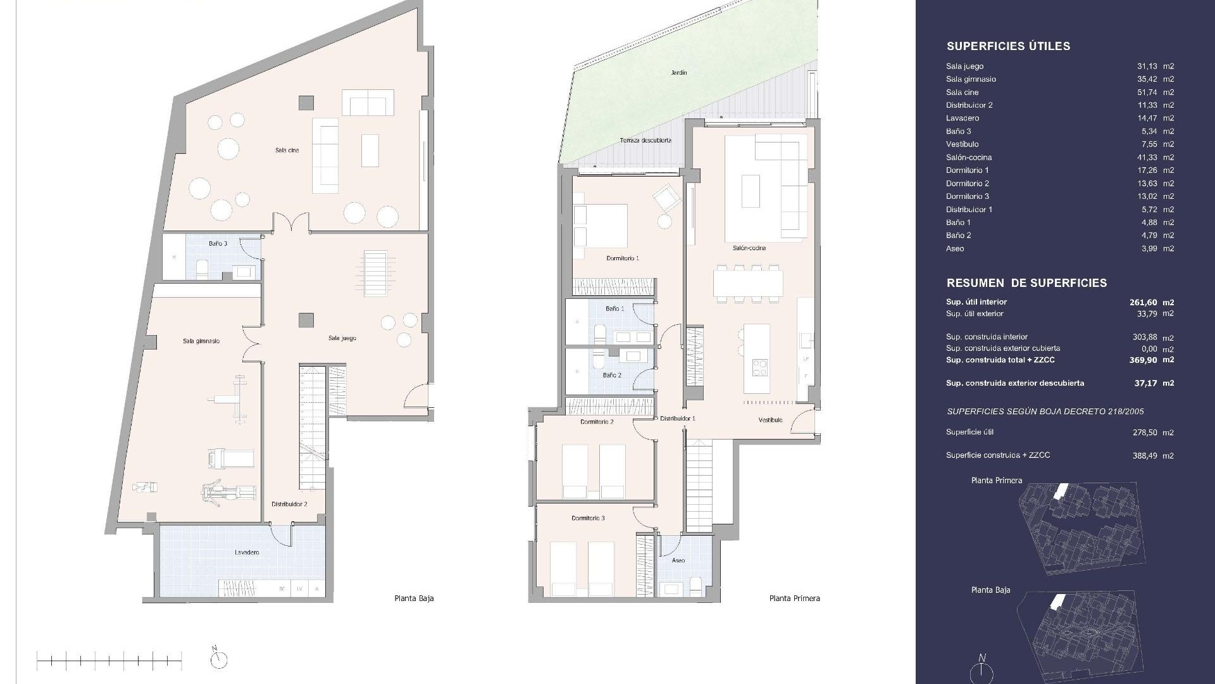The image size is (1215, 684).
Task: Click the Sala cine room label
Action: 287,151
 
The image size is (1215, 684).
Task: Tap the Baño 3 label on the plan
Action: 218,244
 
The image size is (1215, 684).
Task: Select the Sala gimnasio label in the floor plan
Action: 201,341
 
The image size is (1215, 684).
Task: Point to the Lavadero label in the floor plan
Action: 247,553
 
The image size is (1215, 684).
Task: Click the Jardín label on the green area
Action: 679,73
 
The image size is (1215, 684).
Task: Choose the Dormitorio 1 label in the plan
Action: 623,258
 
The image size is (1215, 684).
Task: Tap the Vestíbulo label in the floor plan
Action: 770,421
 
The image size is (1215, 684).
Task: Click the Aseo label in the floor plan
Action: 678,560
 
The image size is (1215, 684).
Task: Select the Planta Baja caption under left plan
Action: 414,598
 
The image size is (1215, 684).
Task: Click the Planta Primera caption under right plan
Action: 794,598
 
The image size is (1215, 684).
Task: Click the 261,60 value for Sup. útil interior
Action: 1143,303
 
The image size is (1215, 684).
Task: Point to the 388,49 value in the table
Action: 1145,456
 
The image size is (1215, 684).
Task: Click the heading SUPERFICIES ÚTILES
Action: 1008,46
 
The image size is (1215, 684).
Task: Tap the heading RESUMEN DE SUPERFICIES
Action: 1026,283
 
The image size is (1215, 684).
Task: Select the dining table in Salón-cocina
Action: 748,283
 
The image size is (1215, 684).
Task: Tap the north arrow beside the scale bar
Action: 219,659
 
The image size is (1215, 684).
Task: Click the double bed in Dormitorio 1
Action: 600,225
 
